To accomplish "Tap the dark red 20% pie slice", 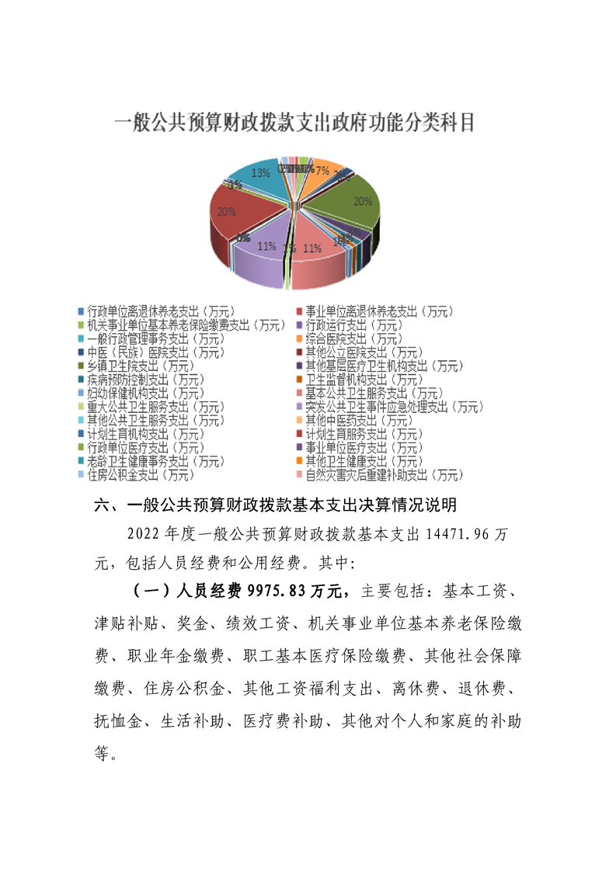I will pyautogui.click(x=241, y=213).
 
